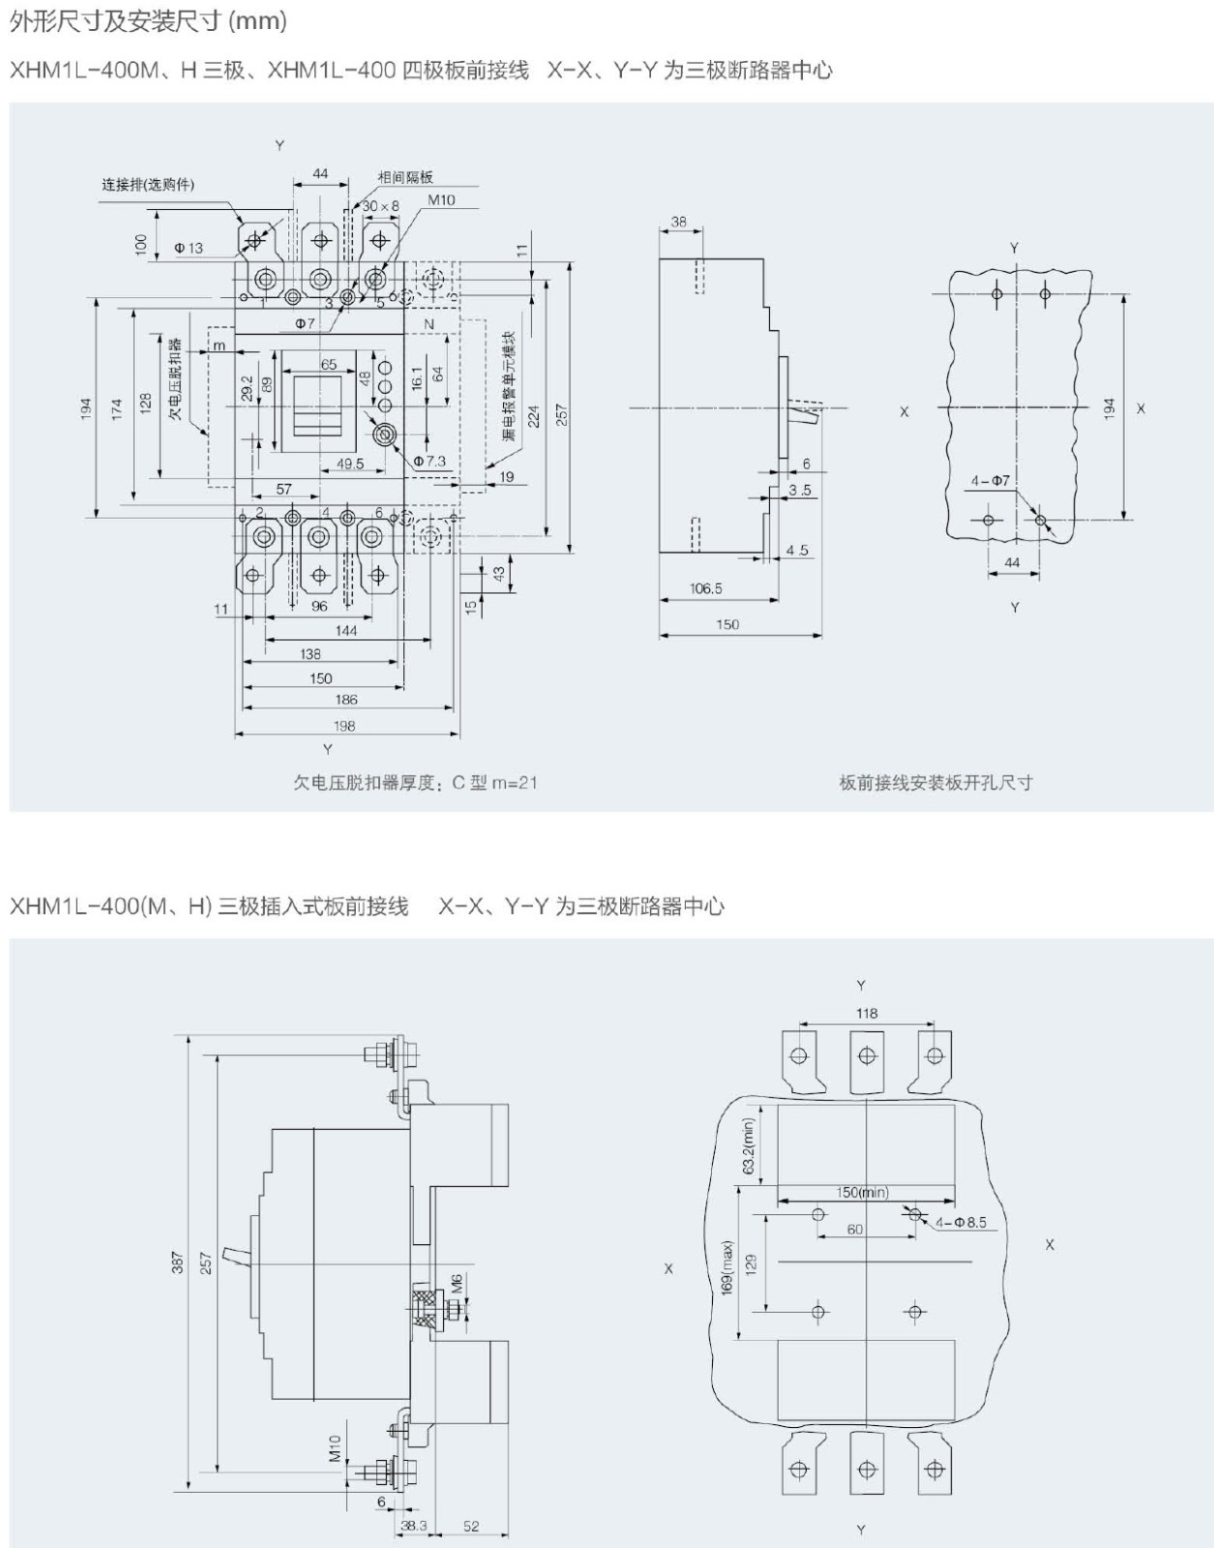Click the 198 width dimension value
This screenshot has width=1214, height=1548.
[x=344, y=726]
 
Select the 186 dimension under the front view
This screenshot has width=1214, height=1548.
[x=346, y=700]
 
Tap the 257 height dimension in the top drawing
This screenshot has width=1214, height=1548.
[x=561, y=414]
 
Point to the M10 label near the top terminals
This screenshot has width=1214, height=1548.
[x=441, y=200]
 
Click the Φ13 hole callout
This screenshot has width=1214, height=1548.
[x=189, y=248]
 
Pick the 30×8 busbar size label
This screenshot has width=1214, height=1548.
[x=380, y=206]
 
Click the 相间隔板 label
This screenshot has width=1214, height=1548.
[x=405, y=177]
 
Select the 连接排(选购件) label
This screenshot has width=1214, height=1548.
[x=148, y=184]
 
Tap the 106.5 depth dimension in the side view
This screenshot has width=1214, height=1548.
[x=705, y=588]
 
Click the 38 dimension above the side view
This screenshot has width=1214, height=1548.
[x=679, y=222]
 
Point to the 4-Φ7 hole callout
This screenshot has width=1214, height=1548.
[x=991, y=481]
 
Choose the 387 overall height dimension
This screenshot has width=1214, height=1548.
[x=178, y=1263]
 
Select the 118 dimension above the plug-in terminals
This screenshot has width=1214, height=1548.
[x=867, y=1013]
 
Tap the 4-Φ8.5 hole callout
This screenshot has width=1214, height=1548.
[x=961, y=1222]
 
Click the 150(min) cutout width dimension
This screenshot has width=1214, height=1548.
[x=862, y=1192]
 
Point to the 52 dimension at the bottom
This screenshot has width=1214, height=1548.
[x=471, y=1526]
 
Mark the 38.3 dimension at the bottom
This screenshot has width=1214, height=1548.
[x=413, y=1526]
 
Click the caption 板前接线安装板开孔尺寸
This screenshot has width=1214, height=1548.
[x=935, y=783]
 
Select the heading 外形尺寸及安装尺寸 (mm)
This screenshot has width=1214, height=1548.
[x=148, y=20]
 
